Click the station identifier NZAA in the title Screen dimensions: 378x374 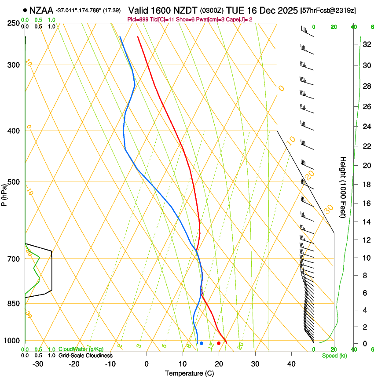pos(41,10)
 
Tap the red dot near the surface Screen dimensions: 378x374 pos(219,343)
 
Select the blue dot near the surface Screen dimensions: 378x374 pos(202,343)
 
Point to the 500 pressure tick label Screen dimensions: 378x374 pos(14,182)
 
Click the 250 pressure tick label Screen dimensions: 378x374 pos(14,23)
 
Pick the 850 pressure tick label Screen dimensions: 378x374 pos(14,304)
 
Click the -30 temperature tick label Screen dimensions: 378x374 pos(38,364)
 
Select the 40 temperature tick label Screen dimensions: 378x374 pos(291,364)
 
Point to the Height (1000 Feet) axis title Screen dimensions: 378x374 pos(344,187)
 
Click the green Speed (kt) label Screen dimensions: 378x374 pos(334,356)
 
